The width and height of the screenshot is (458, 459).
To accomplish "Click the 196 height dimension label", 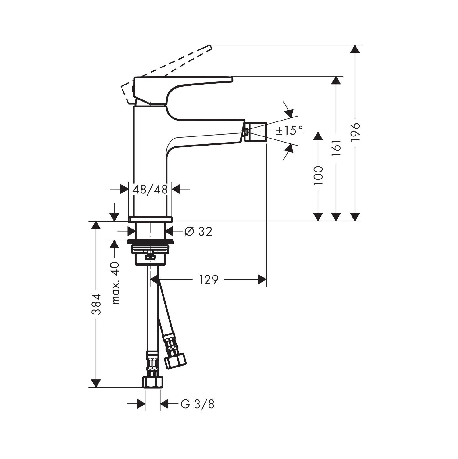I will (x=355, y=132).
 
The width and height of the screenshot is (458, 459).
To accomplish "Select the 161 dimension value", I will (x=336, y=148).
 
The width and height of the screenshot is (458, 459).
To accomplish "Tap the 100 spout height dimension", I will (x=318, y=175).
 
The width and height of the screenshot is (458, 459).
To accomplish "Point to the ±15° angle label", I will (x=289, y=131).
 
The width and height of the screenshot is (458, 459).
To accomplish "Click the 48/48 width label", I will (x=150, y=190).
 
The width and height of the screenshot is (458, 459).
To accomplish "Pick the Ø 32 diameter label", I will (x=198, y=232).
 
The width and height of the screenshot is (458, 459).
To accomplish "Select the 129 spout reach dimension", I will (x=209, y=279).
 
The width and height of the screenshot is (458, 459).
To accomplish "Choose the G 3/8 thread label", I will (x=198, y=404).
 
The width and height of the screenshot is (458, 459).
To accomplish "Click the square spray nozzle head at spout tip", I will (x=256, y=132).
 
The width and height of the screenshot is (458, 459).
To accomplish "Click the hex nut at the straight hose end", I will (x=153, y=382).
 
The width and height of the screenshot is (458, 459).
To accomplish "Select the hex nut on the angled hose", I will (x=175, y=360).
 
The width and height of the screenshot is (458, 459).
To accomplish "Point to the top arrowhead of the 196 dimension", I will (x=355, y=49).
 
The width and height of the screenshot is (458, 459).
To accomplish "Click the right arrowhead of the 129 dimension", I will (x=262, y=279).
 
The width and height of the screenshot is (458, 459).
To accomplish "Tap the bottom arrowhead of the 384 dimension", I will (x=96, y=383).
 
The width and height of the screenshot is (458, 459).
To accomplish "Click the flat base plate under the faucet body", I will (x=150, y=219).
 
